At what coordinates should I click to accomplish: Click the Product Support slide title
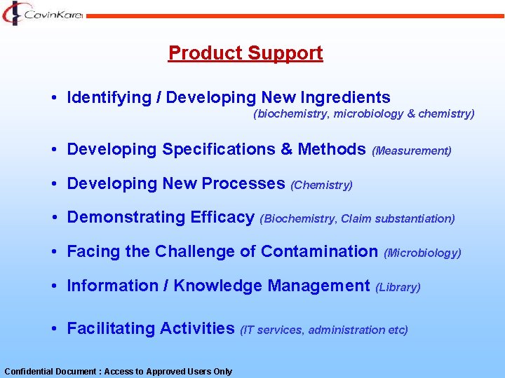click(245, 53)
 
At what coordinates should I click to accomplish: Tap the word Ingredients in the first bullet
click(344, 98)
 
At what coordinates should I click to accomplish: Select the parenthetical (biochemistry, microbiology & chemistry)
click(363, 113)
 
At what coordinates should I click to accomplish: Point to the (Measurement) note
click(412, 150)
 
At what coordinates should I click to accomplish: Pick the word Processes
click(243, 184)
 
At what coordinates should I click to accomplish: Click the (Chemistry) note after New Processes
click(321, 185)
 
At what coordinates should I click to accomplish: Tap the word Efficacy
click(222, 218)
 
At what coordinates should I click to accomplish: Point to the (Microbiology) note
click(422, 253)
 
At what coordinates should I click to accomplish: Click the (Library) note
click(398, 287)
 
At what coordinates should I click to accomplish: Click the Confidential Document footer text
click(118, 372)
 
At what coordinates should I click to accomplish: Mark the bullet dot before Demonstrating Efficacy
click(54, 218)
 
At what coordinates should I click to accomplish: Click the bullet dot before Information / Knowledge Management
click(54, 286)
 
